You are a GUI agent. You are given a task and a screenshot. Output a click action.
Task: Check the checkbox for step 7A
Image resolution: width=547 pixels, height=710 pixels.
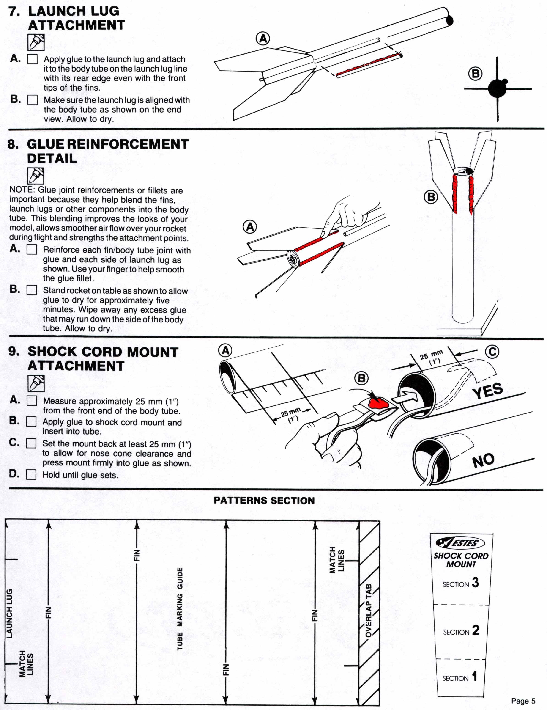point(32,59)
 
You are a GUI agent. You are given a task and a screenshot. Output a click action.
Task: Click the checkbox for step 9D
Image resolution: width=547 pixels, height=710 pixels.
point(31,475)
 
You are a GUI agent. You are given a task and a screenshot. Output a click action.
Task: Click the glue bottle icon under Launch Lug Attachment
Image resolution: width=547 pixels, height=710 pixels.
point(36,42)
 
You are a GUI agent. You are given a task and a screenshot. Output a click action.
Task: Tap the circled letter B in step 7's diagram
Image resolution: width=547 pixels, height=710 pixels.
point(475,74)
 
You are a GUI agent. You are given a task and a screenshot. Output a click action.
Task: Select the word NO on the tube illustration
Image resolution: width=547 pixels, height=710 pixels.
point(483,461)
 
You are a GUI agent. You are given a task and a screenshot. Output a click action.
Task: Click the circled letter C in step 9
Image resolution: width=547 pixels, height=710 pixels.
point(492,352)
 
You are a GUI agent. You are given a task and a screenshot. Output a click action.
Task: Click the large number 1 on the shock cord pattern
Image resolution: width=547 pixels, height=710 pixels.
point(475,676)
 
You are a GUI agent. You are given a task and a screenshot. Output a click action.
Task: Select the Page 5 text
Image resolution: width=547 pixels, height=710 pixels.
point(523,701)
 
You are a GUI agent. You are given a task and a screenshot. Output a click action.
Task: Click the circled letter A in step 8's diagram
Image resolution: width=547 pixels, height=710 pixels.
point(250,227)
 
